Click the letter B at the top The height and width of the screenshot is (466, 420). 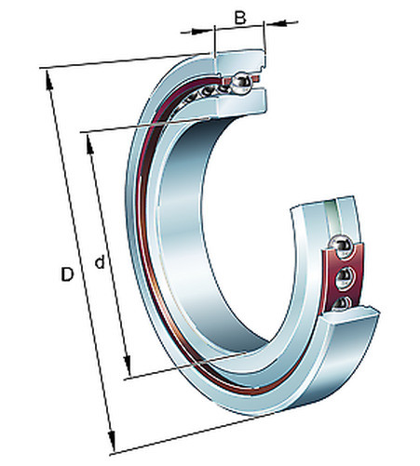240,18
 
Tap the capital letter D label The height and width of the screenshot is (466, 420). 67,274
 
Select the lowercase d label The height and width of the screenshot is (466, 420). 100,262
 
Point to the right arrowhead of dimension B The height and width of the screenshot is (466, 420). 277,22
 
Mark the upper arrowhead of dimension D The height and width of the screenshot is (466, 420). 49,80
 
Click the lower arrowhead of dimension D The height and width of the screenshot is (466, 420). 112,441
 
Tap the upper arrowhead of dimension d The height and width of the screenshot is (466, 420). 89,144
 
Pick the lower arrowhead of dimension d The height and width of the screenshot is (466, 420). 127,366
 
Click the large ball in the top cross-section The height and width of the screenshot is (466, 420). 241,83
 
